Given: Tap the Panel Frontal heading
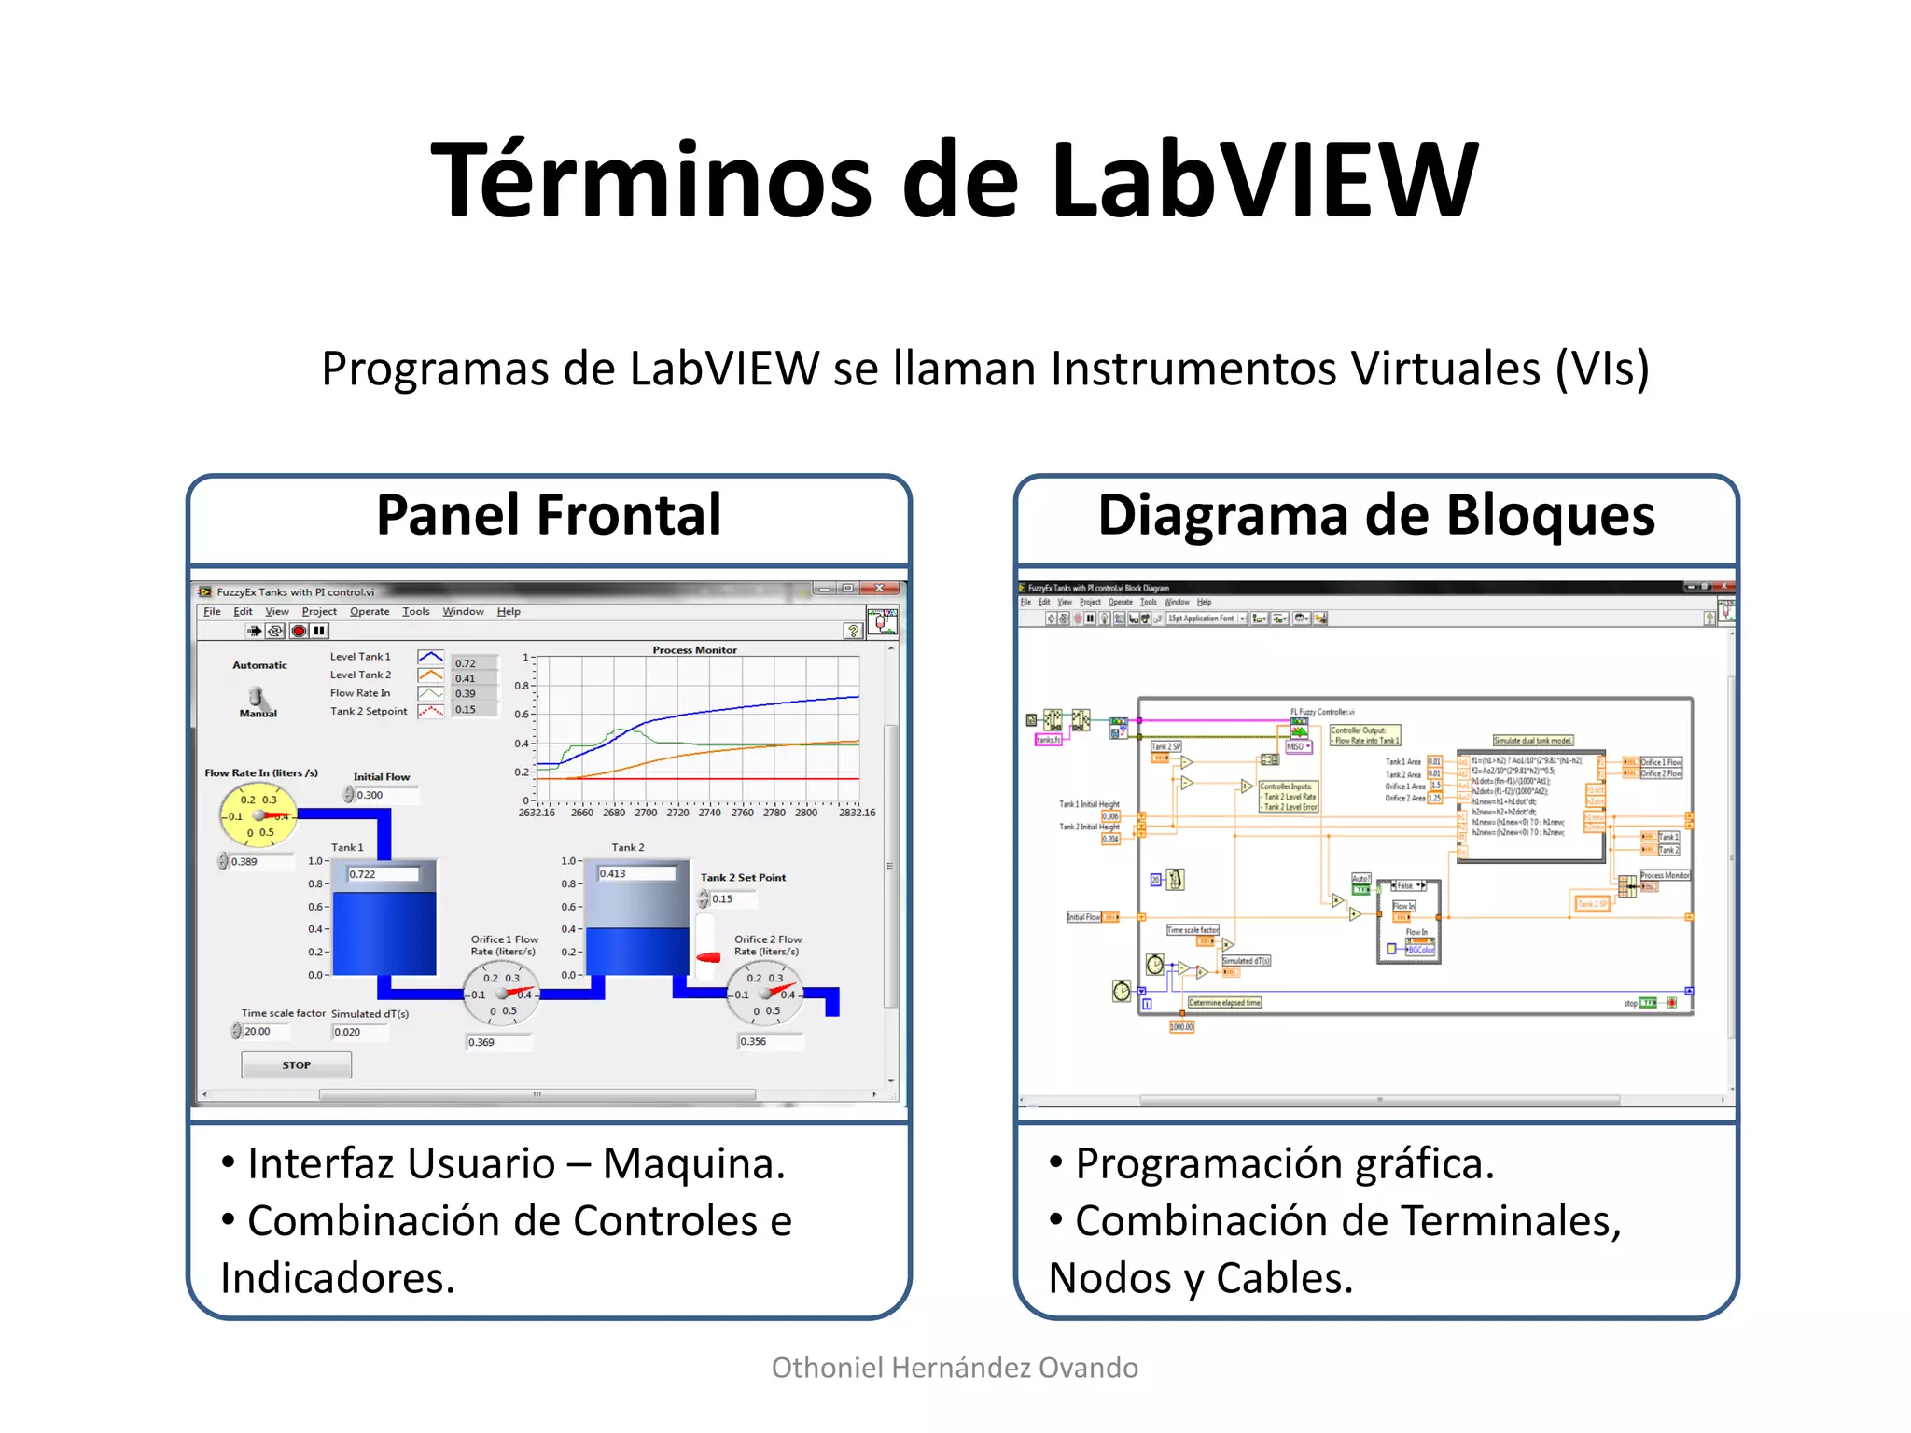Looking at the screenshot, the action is (x=549, y=515).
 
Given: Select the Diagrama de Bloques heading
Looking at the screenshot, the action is (x=1376, y=515).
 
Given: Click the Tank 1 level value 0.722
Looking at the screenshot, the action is (x=383, y=874).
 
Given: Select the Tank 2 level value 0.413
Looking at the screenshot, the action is (x=635, y=873).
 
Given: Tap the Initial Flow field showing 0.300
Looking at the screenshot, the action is (x=384, y=795).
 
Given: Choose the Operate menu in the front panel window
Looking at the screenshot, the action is (x=370, y=612).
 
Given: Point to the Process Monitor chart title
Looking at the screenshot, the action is (x=694, y=650).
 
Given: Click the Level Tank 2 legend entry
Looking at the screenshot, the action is (x=361, y=675).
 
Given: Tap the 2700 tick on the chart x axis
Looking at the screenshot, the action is (x=646, y=813).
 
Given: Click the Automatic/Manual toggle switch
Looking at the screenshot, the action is (x=256, y=697).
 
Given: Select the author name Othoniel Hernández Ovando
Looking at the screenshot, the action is (x=955, y=1368).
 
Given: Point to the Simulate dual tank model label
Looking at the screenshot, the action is (x=1533, y=740).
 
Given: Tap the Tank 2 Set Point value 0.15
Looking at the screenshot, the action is (x=732, y=899).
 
